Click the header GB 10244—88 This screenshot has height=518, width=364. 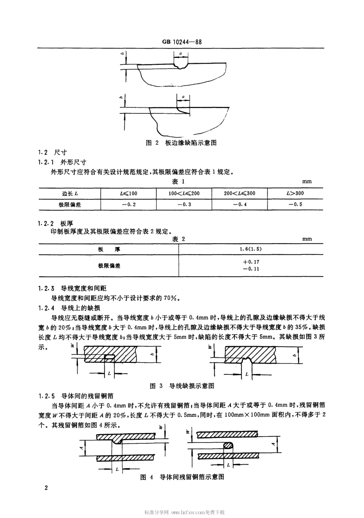182,42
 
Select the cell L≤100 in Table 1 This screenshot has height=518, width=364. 128,193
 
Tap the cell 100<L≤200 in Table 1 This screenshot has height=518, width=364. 184,193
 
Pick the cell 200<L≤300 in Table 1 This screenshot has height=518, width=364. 239,193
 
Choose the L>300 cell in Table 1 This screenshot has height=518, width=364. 295,193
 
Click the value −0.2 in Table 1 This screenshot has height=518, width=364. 128,204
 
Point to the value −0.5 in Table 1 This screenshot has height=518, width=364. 295,204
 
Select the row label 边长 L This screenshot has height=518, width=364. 70,193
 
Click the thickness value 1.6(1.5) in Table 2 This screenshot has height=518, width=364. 251,249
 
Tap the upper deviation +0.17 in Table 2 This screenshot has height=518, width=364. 251,262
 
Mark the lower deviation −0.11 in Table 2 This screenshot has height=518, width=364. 251,269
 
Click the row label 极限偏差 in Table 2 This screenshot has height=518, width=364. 109,266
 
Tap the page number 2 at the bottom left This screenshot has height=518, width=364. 46,488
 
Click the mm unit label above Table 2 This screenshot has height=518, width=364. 307,239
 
